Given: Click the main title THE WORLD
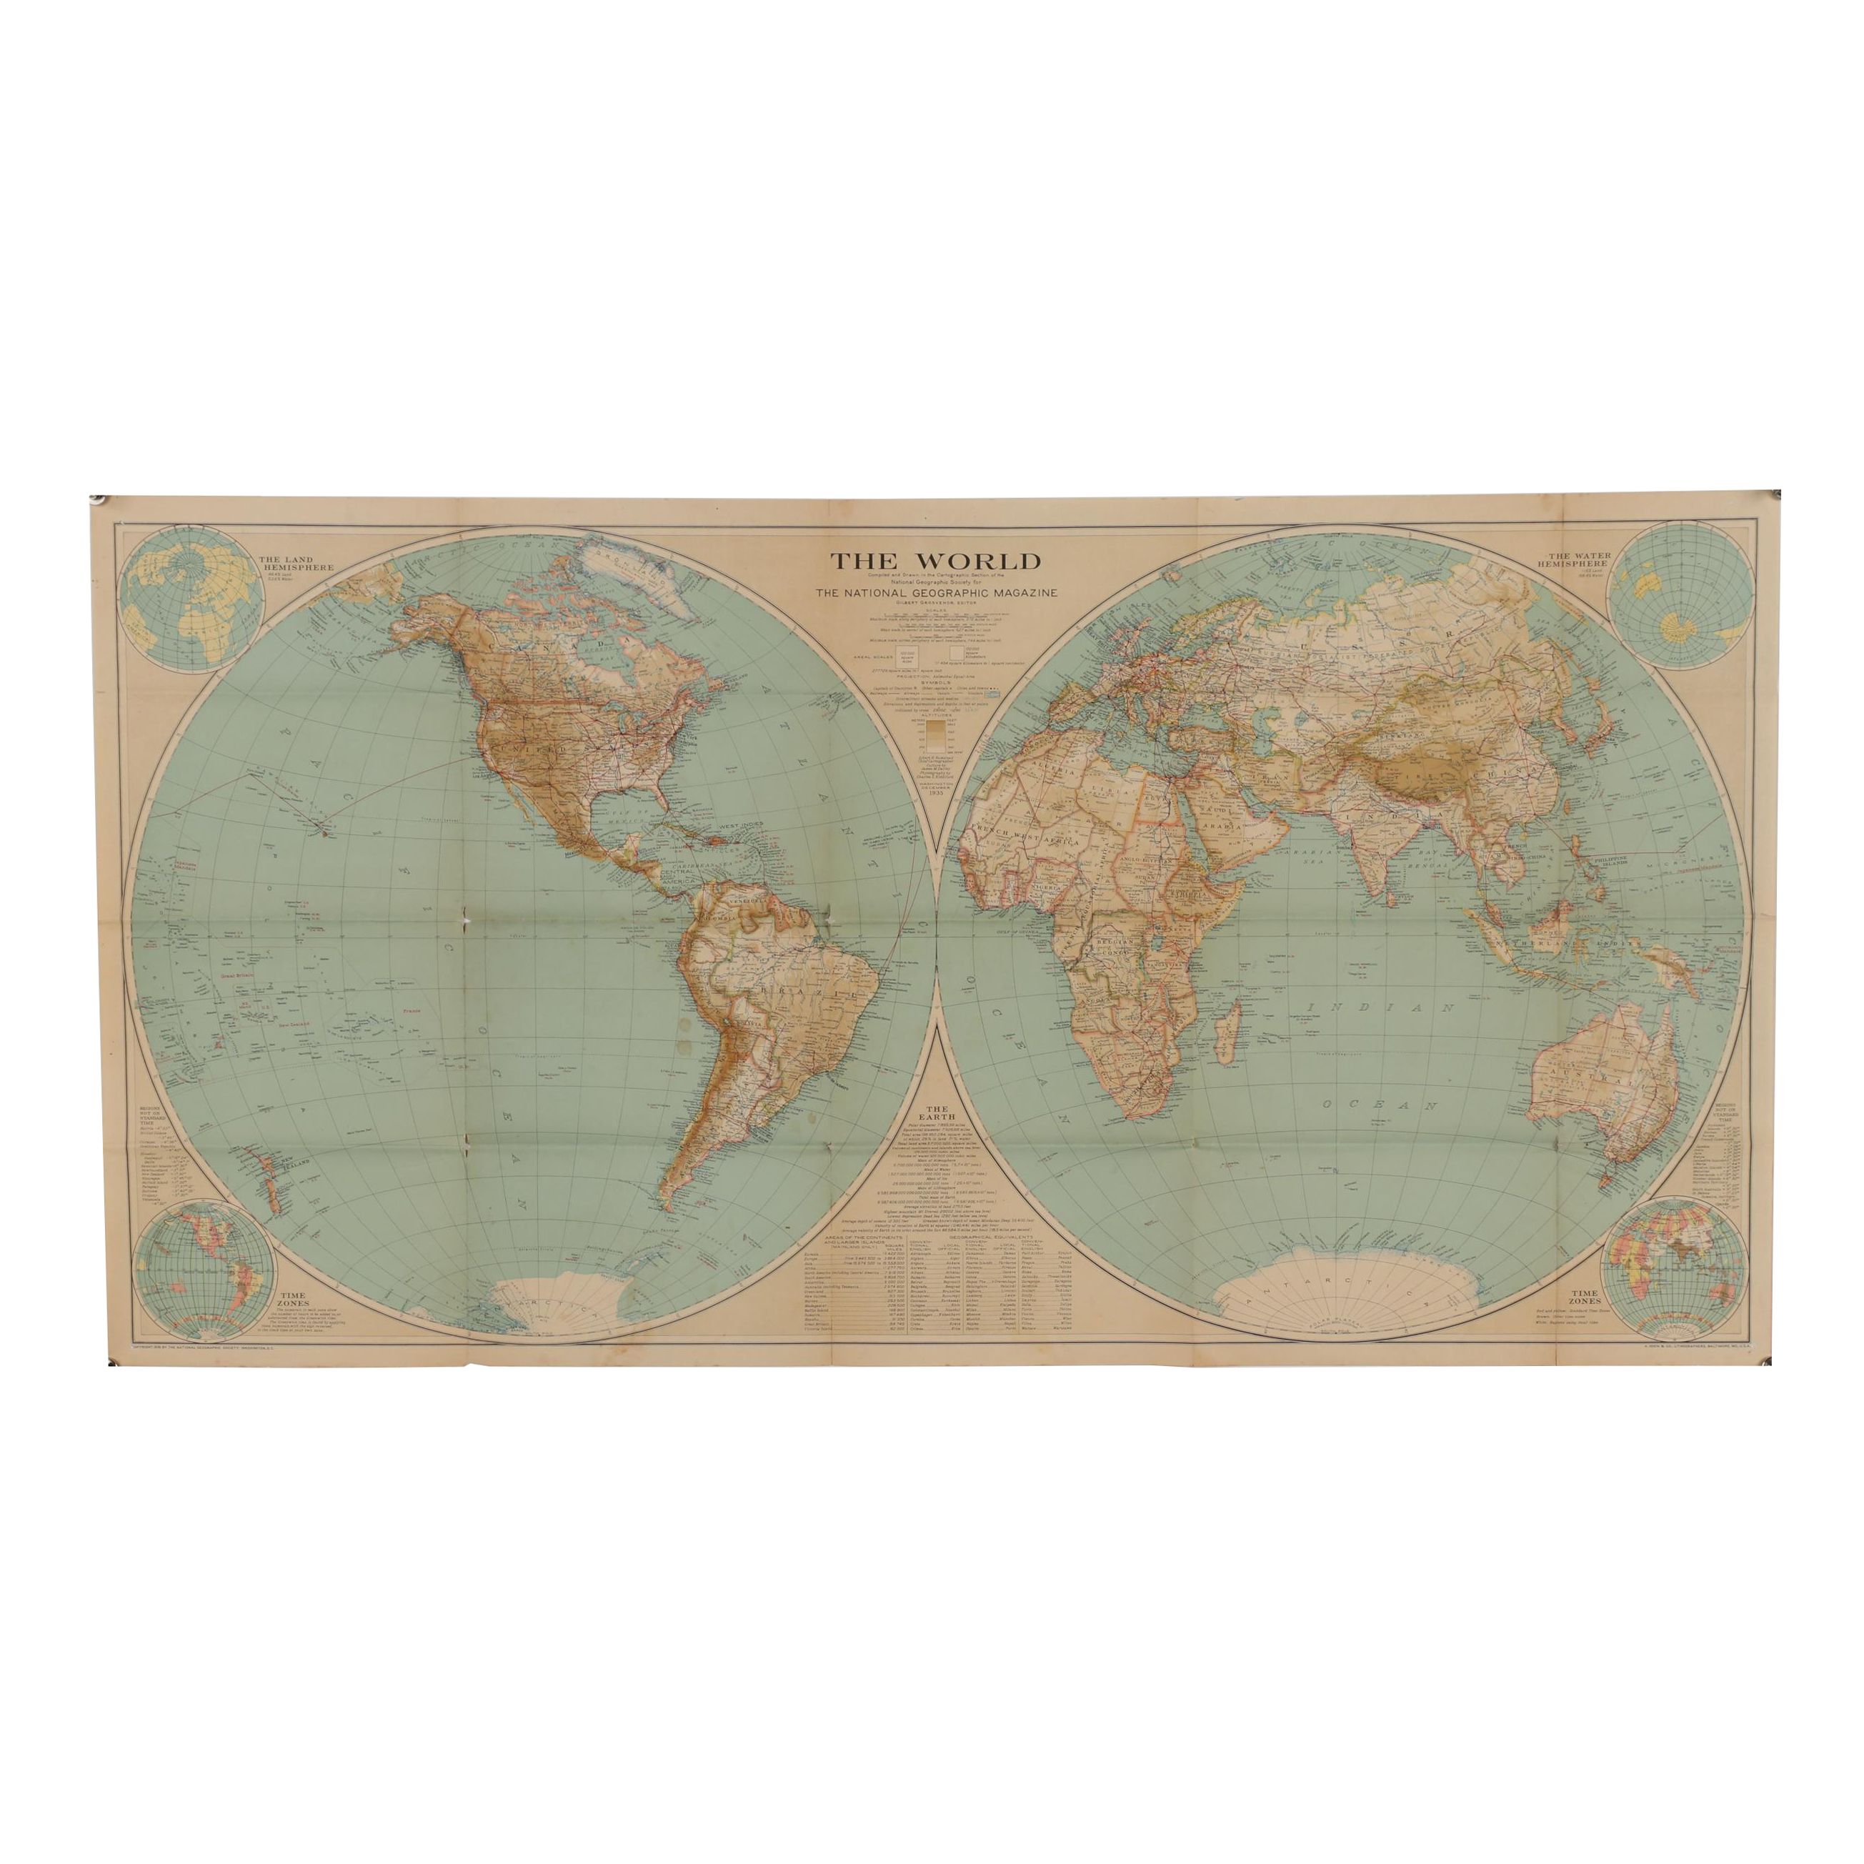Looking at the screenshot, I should [930, 561].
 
